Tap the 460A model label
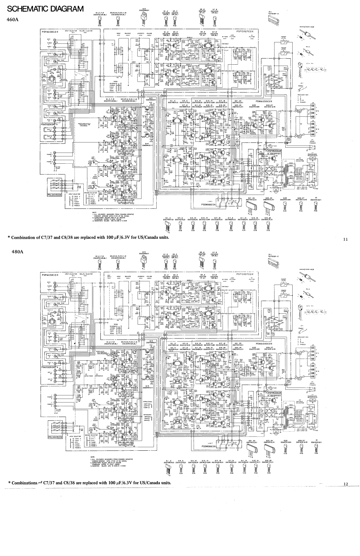click(x=13, y=20)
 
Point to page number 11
click(x=345, y=239)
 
